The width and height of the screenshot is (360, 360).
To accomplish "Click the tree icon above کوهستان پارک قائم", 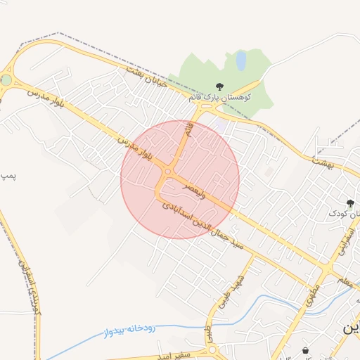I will [220, 86].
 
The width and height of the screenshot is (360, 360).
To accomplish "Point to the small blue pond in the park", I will [241, 60].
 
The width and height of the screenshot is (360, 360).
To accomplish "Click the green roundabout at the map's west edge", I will [6, 80].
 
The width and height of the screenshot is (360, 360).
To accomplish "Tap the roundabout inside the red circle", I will [167, 172].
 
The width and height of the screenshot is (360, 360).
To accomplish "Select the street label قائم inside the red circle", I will [188, 129].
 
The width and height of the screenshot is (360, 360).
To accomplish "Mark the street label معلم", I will [343, 281].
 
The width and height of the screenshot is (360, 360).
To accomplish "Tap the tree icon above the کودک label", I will [351, 203].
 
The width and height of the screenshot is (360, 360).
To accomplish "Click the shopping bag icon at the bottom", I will [305, 349].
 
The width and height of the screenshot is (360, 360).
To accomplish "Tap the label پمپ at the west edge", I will [7, 173].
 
